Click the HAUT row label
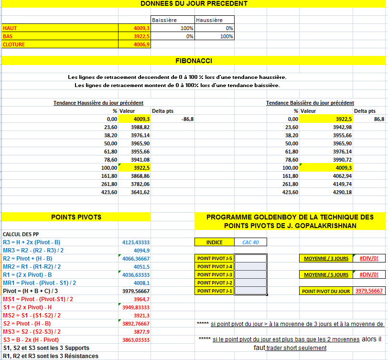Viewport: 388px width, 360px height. (10, 28)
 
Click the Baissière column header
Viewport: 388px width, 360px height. (164, 20)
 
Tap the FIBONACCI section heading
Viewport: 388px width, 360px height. (194, 61)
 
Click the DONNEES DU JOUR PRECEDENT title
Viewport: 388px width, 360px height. (194, 4)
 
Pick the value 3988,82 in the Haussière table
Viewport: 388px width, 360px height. (140, 127)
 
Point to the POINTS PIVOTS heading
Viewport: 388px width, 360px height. (76, 217)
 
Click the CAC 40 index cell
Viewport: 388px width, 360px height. (250, 242)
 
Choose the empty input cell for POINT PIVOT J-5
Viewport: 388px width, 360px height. (250, 259)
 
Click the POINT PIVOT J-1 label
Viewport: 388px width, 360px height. (215, 291)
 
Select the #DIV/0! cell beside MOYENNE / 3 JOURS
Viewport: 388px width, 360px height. (369, 259)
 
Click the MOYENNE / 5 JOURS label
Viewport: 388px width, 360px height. (326, 275)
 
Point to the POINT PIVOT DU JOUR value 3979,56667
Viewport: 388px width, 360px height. (369, 291)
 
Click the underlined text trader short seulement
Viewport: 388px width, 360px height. (296, 348)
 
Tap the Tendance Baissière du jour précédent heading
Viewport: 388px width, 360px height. (310, 103)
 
